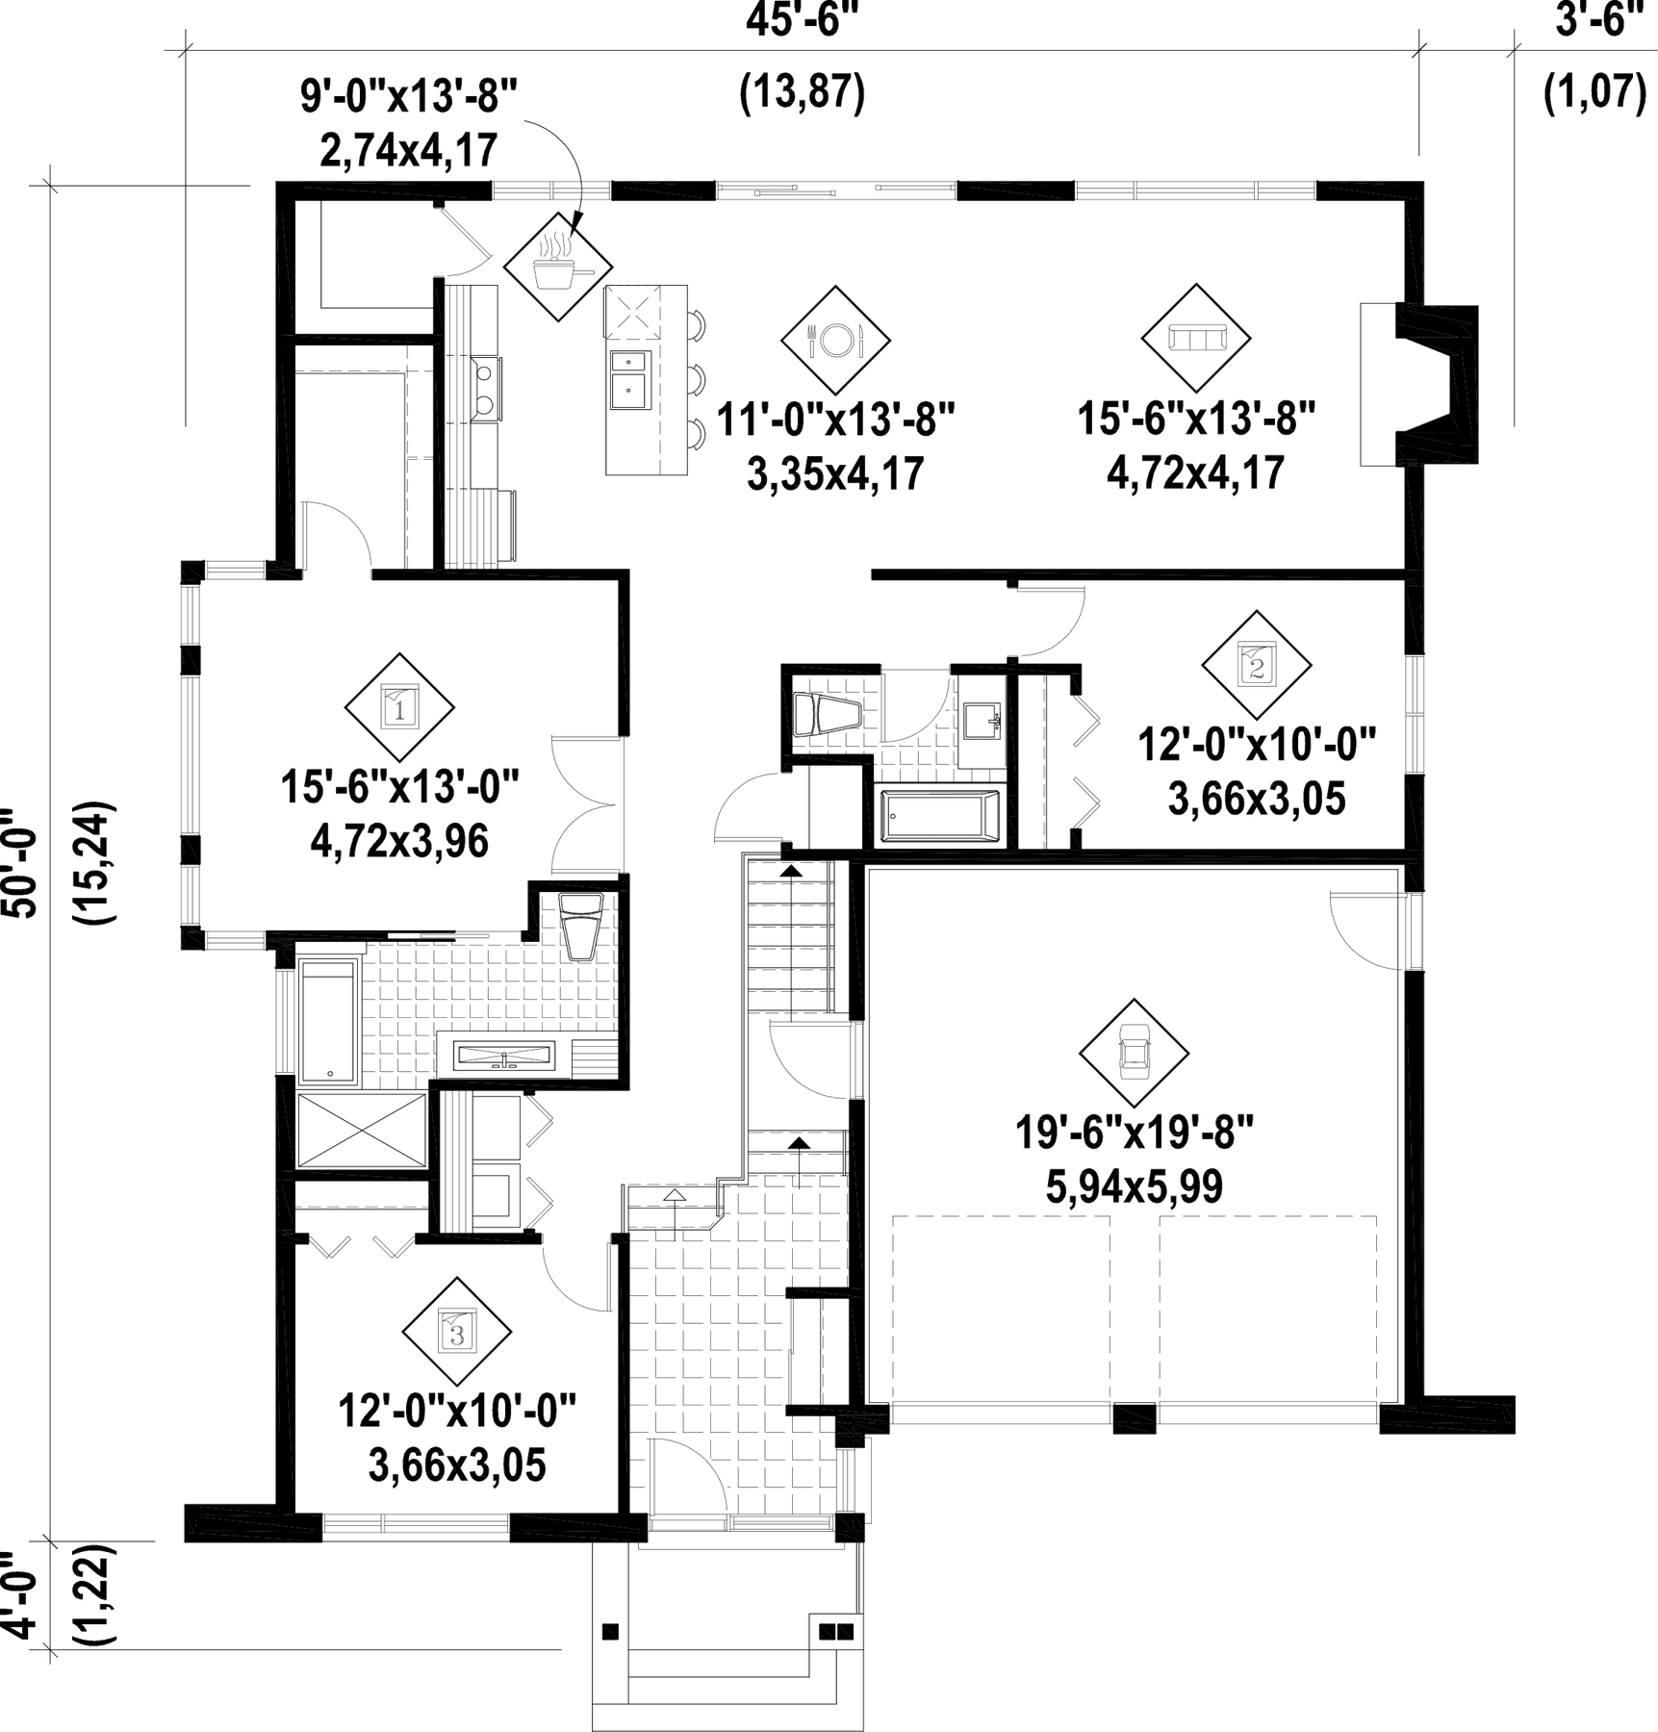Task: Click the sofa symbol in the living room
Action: pyautogui.click(x=1196, y=339)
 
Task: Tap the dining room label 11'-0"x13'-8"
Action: pyautogui.click(x=835, y=420)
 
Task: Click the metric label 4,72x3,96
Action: pyautogui.click(x=399, y=841)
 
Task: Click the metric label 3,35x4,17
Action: pyautogui.click(x=835, y=473)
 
